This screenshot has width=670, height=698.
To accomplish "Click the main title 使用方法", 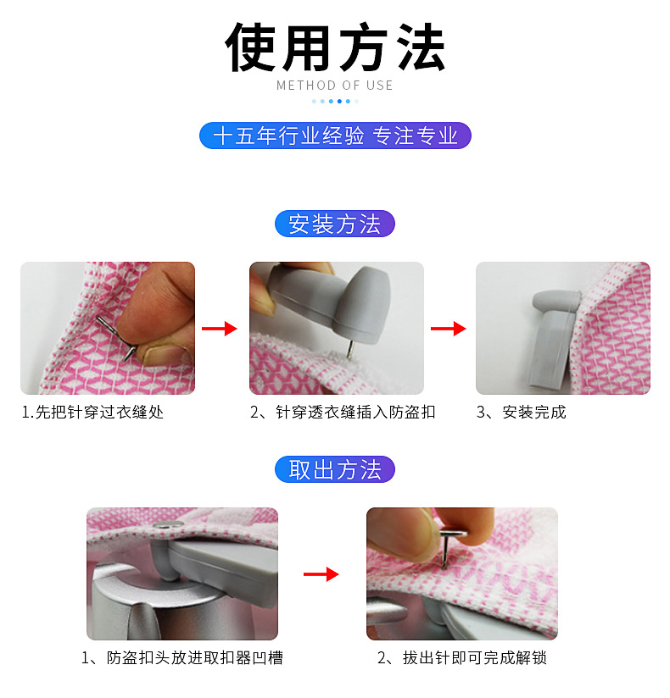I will tap(335, 46).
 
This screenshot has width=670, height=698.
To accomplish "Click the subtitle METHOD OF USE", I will tap(335, 85).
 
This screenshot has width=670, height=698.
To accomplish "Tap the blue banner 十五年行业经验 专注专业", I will tap(335, 136).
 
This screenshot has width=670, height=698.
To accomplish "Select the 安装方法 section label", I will tap(335, 224).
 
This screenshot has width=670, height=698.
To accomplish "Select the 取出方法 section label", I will tap(335, 470).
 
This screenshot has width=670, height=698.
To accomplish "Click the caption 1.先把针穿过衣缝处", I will tap(92, 413).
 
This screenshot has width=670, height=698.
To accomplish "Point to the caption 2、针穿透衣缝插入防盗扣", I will tap(343, 413).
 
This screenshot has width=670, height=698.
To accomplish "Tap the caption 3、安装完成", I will tap(521, 413).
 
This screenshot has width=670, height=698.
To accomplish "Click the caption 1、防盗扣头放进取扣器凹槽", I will tap(181, 657).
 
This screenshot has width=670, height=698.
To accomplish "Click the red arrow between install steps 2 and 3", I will tap(449, 329).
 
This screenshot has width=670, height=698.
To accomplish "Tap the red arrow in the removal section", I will tap(321, 574).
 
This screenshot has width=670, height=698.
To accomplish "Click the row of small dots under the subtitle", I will tap(335, 101).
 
